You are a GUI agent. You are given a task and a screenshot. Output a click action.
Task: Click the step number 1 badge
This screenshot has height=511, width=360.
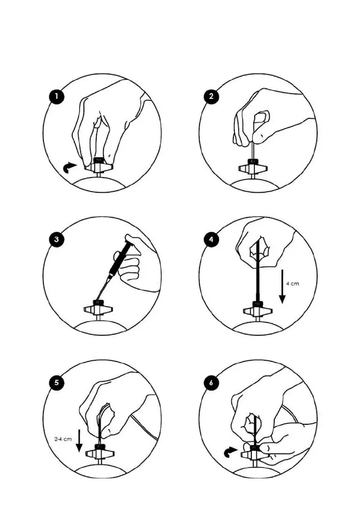pos(57,97)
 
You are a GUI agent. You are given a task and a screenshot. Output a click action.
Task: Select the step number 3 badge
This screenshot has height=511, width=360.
pos(57,239)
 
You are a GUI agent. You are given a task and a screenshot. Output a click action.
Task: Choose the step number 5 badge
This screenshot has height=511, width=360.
pos(57,383)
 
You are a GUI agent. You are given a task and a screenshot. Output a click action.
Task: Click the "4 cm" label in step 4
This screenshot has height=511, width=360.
pos(292,284)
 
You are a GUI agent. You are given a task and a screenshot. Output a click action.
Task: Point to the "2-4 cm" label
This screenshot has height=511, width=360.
pos(63,439)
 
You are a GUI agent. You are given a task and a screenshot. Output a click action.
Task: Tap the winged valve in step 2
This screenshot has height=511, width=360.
pos(254,167)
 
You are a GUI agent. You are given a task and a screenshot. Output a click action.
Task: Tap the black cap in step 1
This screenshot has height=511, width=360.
pos(98,160)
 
